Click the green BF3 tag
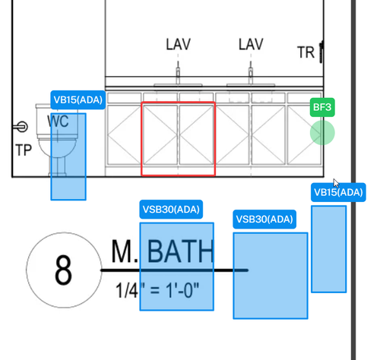[322, 107]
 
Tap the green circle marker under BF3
[322, 133]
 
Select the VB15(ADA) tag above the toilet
[78, 99]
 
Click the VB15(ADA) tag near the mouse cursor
[338, 192]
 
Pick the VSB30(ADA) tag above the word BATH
[171, 210]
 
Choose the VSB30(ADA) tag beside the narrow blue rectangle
[264, 219]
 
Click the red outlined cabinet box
[179, 139]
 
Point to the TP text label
[24, 150]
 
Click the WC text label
[58, 122]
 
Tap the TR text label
[306, 52]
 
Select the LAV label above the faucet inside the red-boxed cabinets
[178, 44]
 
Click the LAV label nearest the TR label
[251, 44]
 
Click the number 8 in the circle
[63, 270]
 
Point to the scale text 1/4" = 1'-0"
[157, 290]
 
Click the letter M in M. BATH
[122, 251]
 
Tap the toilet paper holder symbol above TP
[21, 127]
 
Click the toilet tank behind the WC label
[57, 121]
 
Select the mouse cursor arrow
[336, 183]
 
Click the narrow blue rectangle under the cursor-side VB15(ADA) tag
[328, 249]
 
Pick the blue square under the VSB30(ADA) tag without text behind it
[271, 276]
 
